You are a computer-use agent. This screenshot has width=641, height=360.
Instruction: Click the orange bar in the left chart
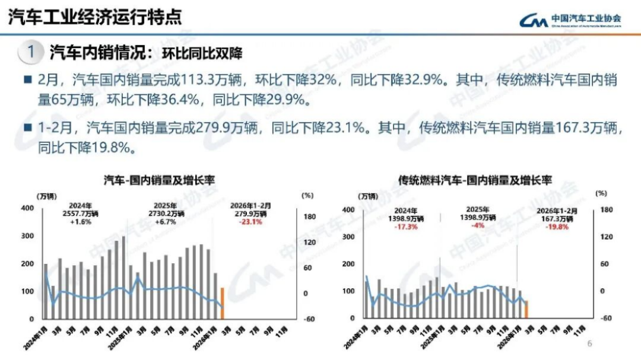point(223,303)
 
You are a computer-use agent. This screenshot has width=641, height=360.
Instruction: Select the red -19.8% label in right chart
point(557,227)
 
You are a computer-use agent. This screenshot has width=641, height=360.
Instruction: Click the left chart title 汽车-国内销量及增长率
point(159,179)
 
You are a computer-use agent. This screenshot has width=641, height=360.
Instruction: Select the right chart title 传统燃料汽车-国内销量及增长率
point(475,179)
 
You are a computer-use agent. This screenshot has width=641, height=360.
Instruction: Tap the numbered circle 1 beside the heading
point(31,52)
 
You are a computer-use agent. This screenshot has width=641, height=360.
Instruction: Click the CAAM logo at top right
point(570,20)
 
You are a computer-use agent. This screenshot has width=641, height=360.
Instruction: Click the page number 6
point(589,343)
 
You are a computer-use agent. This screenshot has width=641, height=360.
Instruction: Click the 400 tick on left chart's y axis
point(27,208)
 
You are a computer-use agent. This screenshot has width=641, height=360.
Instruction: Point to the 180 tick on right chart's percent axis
point(605,209)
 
